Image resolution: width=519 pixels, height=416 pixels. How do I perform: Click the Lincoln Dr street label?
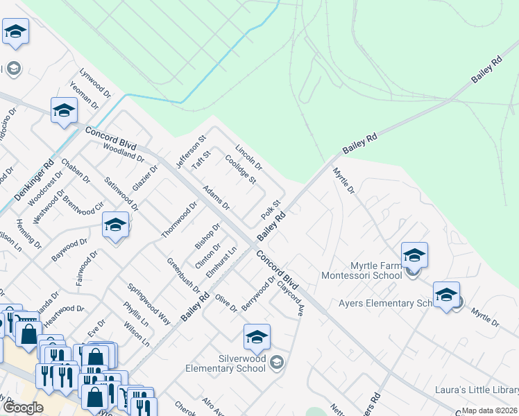point(248,158)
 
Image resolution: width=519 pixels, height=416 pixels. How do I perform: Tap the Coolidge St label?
point(241,168)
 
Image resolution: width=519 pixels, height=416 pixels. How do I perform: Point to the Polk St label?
point(271,210)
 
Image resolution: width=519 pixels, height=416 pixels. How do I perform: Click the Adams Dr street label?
point(216,198)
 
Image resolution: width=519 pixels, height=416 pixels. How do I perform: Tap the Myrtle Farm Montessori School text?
point(361,270)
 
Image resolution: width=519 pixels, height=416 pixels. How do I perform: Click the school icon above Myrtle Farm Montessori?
point(414,255)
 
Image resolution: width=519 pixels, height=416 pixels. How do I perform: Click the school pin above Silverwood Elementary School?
point(257,338)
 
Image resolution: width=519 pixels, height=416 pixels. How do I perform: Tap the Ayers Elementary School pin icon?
point(446,295)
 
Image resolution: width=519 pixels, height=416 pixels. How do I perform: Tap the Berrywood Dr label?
point(258,294)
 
